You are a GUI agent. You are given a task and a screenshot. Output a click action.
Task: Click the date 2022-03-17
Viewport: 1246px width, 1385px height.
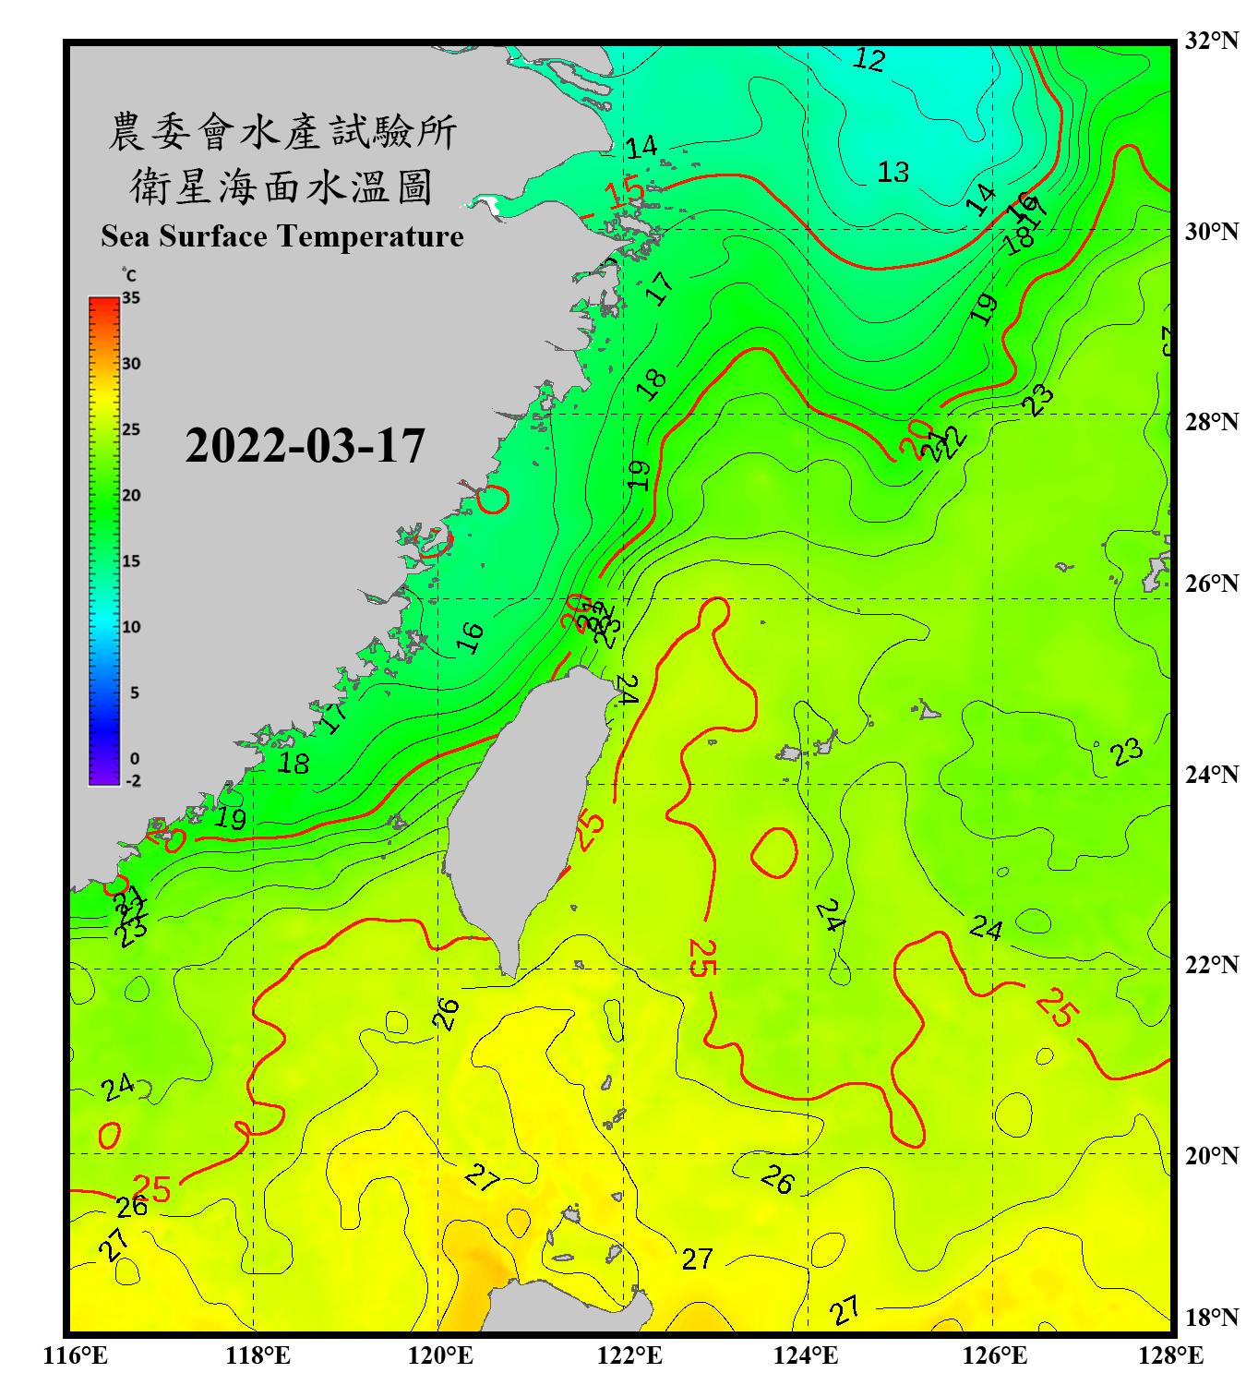pyautogui.click(x=305, y=446)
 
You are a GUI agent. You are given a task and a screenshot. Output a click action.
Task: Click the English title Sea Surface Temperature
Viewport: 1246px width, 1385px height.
pyautogui.click(x=282, y=236)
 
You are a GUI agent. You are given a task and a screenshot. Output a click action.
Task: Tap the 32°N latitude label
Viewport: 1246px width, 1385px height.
pyautogui.click(x=1211, y=41)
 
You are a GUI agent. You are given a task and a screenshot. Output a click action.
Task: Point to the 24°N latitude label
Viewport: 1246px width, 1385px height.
pyautogui.click(x=1211, y=774)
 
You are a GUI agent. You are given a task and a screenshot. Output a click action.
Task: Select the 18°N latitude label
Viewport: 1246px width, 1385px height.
pyautogui.click(x=1211, y=1318)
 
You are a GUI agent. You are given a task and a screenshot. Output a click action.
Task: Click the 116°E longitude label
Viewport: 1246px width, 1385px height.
pyautogui.click(x=76, y=1355)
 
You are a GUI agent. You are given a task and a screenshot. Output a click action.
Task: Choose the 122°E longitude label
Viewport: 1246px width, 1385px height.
pyautogui.click(x=629, y=1355)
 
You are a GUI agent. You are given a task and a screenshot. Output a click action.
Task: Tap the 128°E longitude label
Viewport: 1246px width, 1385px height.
pyautogui.click(x=1170, y=1355)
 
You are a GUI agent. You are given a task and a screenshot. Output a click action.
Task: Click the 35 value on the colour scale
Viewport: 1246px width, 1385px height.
pyautogui.click(x=131, y=298)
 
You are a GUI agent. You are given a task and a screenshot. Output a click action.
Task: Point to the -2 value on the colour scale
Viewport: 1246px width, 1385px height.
pyautogui.click(x=133, y=780)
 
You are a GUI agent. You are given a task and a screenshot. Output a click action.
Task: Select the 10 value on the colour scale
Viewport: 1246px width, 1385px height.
pyautogui.click(x=131, y=627)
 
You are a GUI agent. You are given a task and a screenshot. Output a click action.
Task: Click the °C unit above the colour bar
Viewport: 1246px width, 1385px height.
pyautogui.click(x=129, y=275)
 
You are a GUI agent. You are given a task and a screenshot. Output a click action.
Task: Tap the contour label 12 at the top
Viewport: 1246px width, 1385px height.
pyautogui.click(x=869, y=60)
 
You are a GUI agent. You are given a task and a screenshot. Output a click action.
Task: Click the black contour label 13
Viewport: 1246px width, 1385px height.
pyautogui.click(x=893, y=172)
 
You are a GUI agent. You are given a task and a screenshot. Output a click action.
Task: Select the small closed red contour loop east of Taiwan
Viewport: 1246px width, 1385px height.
pyautogui.click(x=773, y=851)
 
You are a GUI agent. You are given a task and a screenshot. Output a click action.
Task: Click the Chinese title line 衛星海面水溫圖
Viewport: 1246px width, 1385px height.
pyautogui.click(x=282, y=187)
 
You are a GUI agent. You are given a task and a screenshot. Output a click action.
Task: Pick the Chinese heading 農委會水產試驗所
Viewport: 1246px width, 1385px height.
pyautogui.click(x=282, y=132)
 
